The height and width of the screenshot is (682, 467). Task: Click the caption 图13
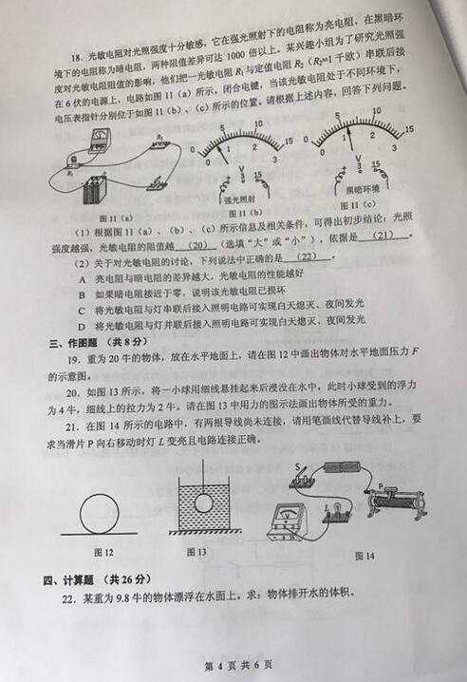click(196, 552)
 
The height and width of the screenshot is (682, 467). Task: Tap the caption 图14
click(365, 555)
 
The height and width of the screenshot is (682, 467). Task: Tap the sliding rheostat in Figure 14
click(394, 501)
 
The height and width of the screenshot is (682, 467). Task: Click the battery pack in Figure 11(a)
click(94, 189)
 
